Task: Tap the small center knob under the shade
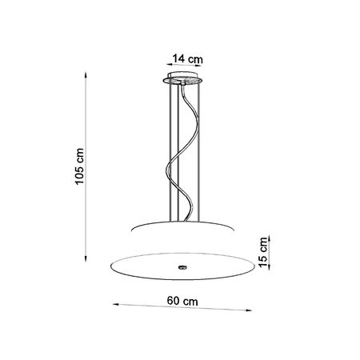(x=184, y=266)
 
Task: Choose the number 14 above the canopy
(x=177, y=58)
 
